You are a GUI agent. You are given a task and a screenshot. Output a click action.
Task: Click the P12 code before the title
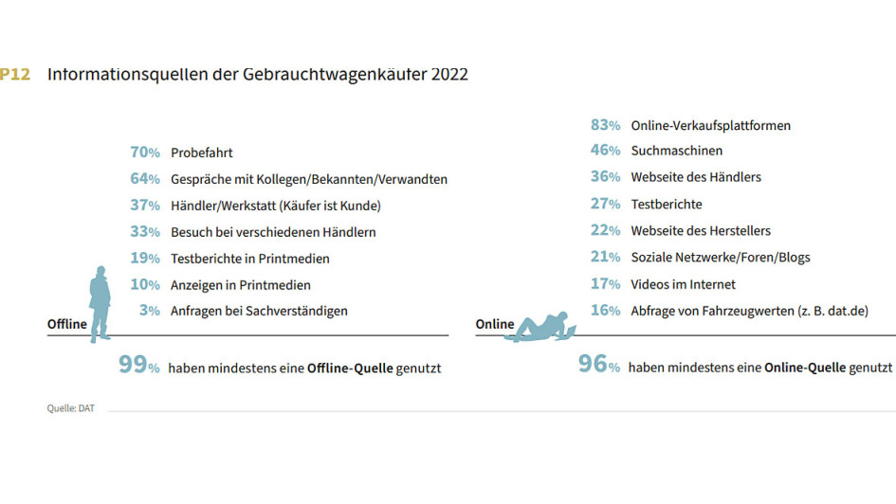(14, 74)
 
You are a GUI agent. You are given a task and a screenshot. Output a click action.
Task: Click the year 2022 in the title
(449, 74)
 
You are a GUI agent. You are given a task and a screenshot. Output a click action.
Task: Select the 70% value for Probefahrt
(145, 153)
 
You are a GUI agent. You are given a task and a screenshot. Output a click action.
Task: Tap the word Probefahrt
(202, 153)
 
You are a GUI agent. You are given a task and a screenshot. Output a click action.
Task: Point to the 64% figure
(145, 179)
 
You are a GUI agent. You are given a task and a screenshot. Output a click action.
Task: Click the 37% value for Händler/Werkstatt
(145, 206)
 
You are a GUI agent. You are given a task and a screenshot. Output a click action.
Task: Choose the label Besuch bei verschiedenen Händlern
(273, 232)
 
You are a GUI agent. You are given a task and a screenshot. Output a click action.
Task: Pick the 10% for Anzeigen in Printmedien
(145, 284)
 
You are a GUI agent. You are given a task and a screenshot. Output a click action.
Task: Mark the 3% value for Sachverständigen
(149, 311)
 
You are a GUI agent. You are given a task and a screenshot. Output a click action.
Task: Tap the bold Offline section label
(67, 325)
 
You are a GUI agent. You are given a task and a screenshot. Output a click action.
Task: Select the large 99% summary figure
(138, 366)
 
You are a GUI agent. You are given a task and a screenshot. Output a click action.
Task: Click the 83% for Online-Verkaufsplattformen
(605, 125)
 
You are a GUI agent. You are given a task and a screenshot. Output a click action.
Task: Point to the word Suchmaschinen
(677, 151)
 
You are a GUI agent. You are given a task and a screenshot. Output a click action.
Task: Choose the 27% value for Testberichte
(605, 204)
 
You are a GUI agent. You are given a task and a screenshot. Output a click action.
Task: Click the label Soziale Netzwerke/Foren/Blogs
(721, 257)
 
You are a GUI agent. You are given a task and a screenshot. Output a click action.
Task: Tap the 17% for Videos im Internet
(605, 284)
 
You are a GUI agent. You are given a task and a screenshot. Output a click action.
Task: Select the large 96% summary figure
(599, 366)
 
